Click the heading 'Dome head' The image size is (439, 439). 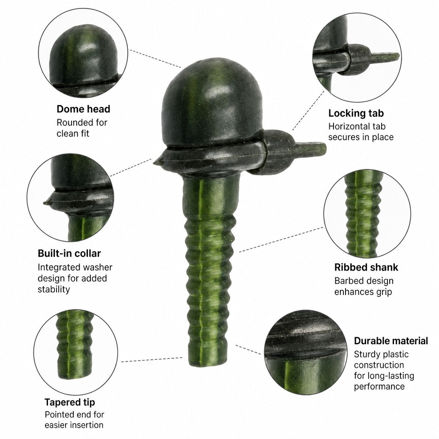point(84,109)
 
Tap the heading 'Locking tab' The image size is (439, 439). point(356,113)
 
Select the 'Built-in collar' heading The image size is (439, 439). point(69,253)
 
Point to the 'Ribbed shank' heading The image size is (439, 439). point(366,267)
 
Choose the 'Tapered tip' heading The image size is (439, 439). point(70,402)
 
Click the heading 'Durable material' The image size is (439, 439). point(391,341)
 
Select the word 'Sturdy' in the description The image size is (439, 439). point(366,355)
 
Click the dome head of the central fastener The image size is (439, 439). point(212,102)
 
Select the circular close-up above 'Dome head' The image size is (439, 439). point(83,53)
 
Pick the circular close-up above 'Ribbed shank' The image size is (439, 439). point(367,213)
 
